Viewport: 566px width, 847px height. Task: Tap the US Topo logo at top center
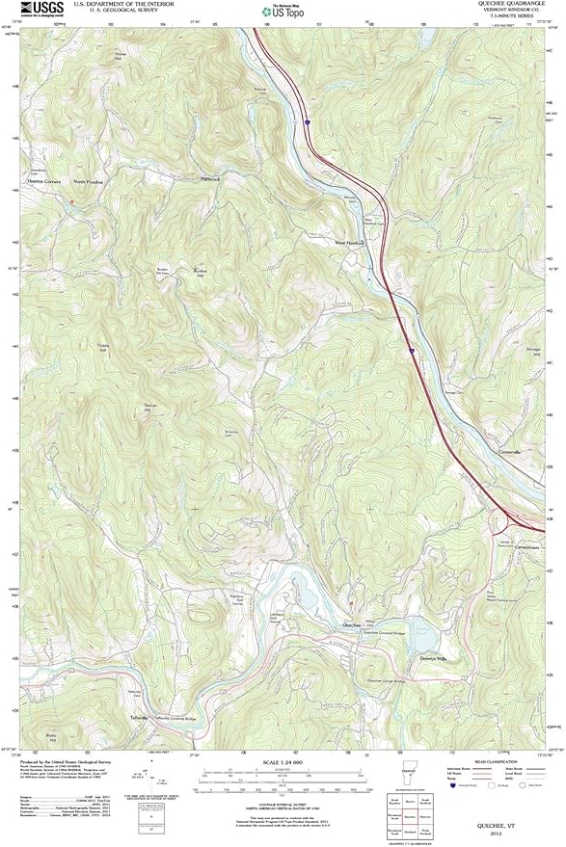pyautogui.click(x=282, y=12)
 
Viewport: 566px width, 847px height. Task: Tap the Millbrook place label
pyautogui.click(x=210, y=178)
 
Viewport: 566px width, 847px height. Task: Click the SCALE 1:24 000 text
pyautogui.click(x=282, y=763)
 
